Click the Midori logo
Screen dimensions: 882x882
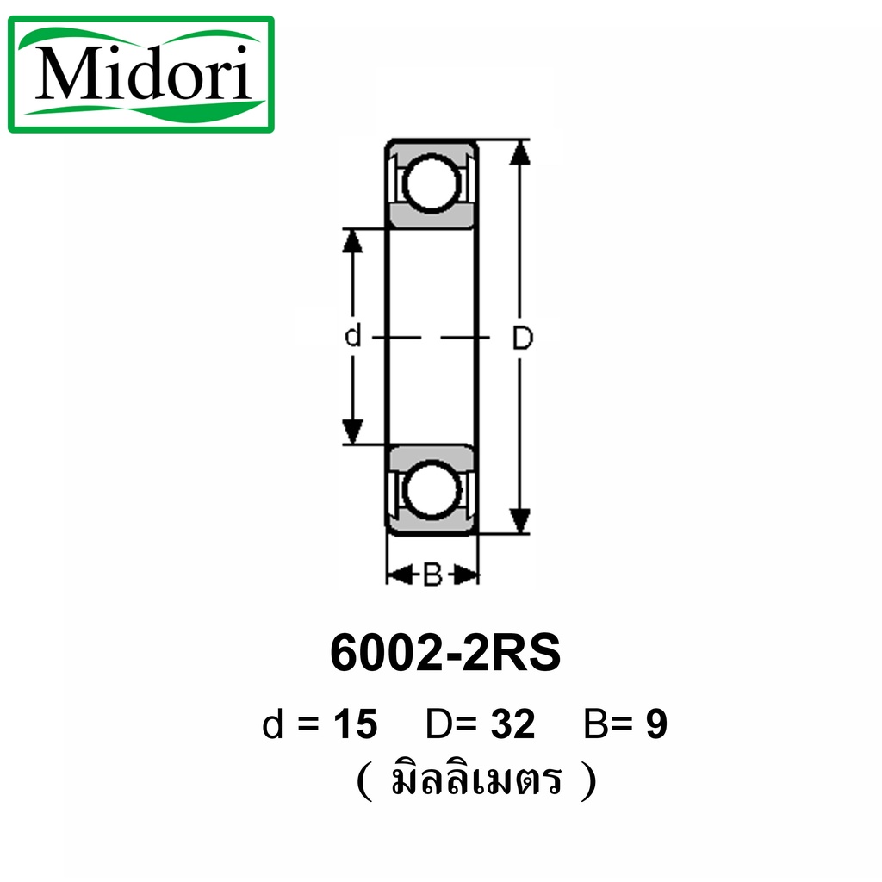pyautogui.click(x=140, y=74)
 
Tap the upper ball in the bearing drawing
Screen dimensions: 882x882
pyautogui.click(x=432, y=184)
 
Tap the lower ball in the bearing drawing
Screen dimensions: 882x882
pyautogui.click(x=432, y=488)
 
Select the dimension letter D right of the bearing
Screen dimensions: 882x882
pyautogui.click(x=523, y=338)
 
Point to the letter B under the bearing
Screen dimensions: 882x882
pyautogui.click(x=432, y=575)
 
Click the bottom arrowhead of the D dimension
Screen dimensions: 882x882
pyautogui.click(x=519, y=521)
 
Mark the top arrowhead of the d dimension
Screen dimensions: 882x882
pyautogui.click(x=352, y=241)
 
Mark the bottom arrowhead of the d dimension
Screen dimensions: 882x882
pyautogui.click(x=352, y=432)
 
